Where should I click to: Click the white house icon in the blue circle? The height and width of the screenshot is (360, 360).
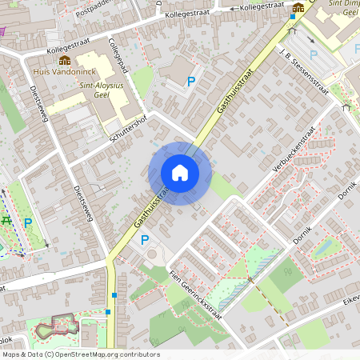coord(180,173)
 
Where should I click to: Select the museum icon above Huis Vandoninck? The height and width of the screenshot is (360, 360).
coord(64,60)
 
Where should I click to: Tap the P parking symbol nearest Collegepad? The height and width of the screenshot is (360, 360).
coord(191,81)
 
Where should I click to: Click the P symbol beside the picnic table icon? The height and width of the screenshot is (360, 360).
coord(28,223)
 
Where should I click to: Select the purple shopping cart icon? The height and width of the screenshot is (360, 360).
coord(2,31)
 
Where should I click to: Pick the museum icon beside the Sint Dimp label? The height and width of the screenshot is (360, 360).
coord(298,9)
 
